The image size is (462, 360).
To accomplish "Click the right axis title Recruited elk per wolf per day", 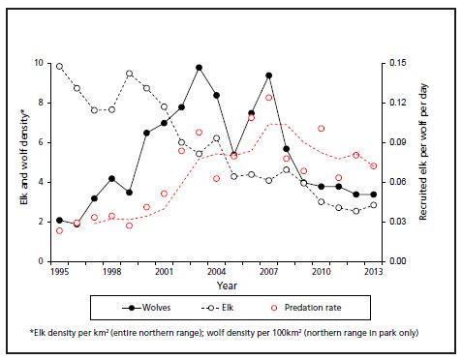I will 424,162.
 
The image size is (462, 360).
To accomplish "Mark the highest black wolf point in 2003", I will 199,68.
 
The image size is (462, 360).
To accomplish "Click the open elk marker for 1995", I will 59,67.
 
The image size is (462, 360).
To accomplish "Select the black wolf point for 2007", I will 268,75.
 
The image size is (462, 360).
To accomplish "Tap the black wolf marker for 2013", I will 373,195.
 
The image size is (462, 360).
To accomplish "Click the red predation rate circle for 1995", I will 59,230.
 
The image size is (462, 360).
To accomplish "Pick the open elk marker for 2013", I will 373,205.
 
